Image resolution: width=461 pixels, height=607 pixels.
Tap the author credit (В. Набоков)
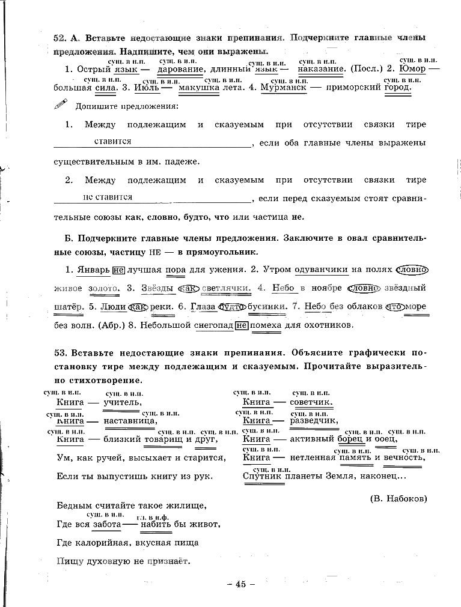pyautogui.click(x=397, y=498)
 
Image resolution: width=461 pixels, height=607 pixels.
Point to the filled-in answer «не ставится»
pyautogui.click(x=108, y=196)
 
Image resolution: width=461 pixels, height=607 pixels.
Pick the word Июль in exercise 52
pyautogui.click(x=146, y=87)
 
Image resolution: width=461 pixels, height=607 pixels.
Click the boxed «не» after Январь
pyautogui.click(x=118, y=270)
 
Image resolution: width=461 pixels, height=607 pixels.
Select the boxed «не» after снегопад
pyautogui.click(x=242, y=325)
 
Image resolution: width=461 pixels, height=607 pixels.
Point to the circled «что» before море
pyautogui.click(x=395, y=306)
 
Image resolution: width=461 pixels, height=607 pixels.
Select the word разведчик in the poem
pyautogui.click(x=314, y=421)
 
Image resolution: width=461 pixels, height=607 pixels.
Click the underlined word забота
pyautogui.click(x=106, y=524)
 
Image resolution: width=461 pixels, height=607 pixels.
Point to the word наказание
pyautogui.click(x=321, y=69)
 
